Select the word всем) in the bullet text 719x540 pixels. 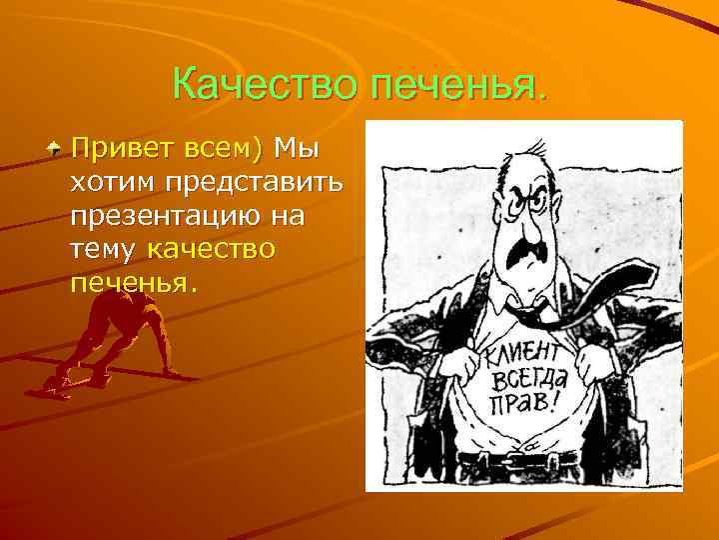222,151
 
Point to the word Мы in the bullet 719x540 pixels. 296,151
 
